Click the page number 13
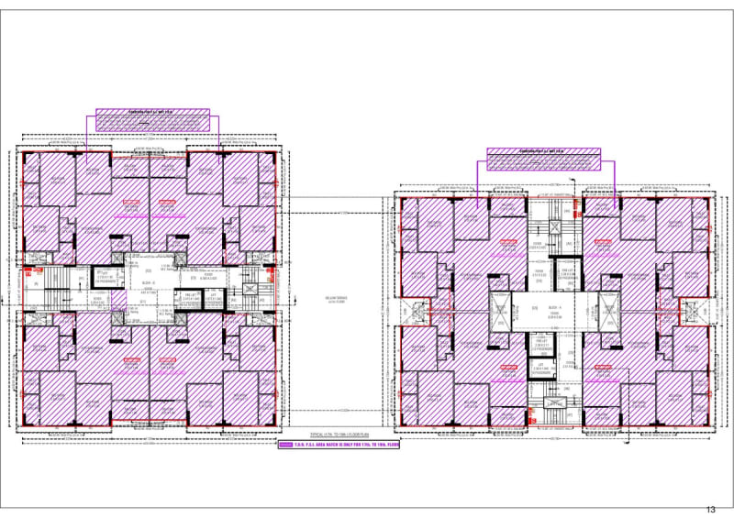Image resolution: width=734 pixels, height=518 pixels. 710,509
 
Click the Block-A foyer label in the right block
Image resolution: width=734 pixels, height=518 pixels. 556,312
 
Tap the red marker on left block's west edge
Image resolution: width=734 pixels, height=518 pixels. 27,271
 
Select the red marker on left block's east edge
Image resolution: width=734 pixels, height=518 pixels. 272,271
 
